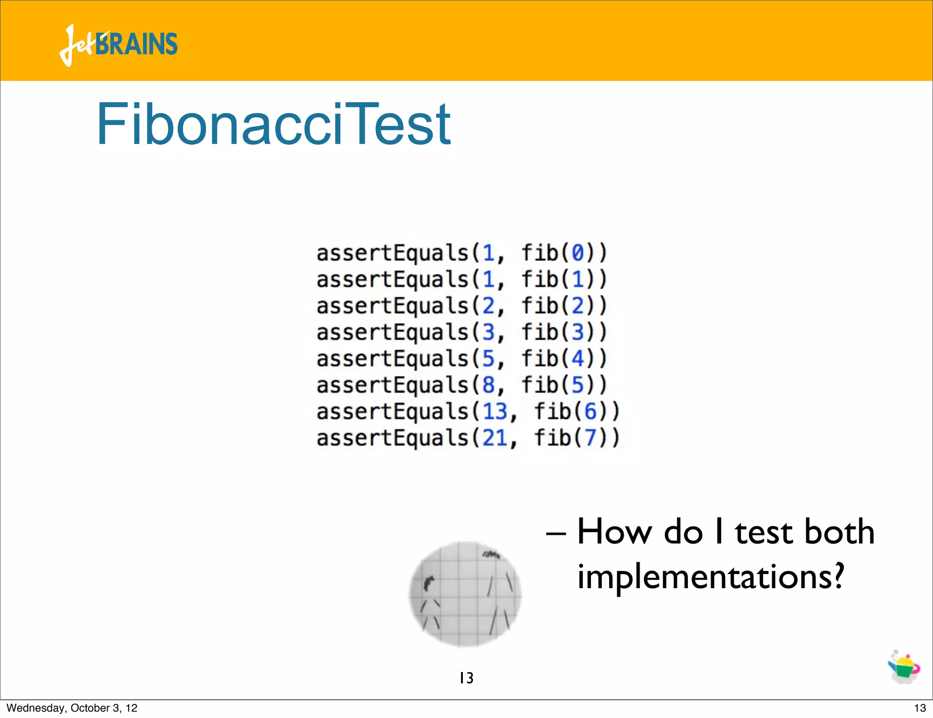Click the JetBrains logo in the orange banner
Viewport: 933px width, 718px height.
coord(118,45)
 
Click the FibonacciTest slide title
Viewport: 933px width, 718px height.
coord(273,124)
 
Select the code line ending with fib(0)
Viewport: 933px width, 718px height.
coord(461,253)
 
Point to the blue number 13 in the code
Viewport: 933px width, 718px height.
coord(495,411)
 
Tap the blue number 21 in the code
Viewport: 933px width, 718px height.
coord(495,438)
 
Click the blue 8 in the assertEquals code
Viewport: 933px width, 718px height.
coord(488,385)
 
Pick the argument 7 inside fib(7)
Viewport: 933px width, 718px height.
coord(590,438)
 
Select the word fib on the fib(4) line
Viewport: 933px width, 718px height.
coord(540,359)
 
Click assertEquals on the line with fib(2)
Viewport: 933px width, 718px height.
coord(392,306)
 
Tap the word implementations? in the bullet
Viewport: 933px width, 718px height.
coord(711,576)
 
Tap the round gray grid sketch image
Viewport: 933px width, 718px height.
coord(465,594)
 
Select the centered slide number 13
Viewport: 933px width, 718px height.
coord(466,678)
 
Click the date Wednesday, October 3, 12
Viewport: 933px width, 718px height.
coord(72,708)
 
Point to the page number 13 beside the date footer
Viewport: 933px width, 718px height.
coord(920,708)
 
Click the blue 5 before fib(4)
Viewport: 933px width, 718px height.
coord(488,359)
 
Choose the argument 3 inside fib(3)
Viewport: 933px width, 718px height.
coord(578,332)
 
